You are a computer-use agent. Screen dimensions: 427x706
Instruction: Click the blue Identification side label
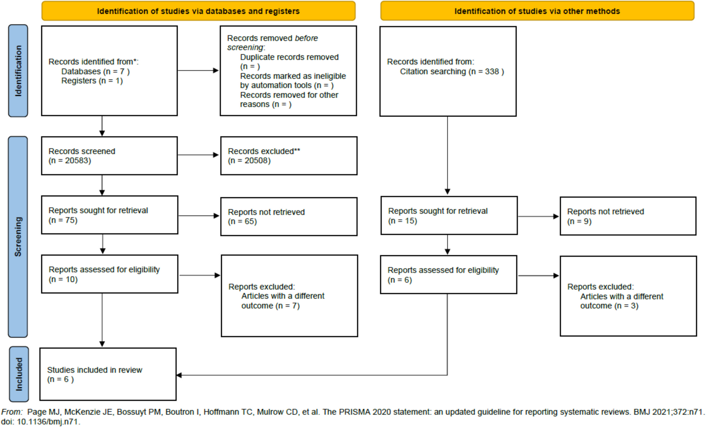click(18, 71)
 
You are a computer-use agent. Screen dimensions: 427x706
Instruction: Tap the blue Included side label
click(19, 374)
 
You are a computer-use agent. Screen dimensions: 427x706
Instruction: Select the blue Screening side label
click(18, 237)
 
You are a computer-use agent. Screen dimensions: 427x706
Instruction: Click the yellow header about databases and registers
click(198, 11)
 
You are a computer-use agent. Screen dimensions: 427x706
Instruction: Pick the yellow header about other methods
click(537, 11)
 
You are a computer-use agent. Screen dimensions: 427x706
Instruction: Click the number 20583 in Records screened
click(77, 161)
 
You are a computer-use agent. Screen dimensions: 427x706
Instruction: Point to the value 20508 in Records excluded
click(257, 161)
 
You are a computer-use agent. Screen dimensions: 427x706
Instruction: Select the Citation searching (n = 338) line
click(452, 72)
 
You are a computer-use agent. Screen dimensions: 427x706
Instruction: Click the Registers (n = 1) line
click(92, 81)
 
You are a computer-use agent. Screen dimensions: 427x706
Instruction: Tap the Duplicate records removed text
click(289, 57)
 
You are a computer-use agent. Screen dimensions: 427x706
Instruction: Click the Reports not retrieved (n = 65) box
click(289, 217)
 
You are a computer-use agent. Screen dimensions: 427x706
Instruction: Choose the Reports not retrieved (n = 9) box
click(628, 216)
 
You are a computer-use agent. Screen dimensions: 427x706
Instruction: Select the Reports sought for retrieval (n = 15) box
click(449, 216)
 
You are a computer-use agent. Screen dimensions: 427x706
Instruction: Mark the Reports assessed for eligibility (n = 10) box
click(109, 274)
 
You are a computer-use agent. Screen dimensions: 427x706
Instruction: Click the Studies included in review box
click(108, 374)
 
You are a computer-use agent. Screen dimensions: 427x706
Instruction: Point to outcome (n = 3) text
click(609, 306)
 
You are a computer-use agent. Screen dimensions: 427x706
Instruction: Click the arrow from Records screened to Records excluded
click(198, 155)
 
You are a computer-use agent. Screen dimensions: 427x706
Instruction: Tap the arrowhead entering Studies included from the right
click(179, 375)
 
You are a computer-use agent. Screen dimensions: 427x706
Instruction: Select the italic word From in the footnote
click(11, 412)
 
